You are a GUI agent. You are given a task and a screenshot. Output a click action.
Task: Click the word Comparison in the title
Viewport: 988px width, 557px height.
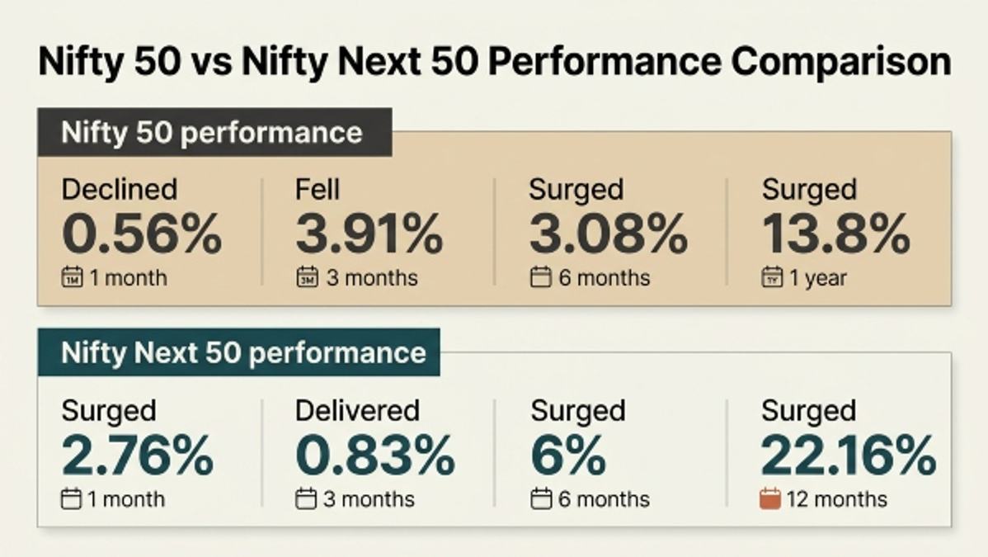(x=841, y=62)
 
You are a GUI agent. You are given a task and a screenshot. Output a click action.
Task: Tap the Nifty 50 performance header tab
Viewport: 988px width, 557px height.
(x=215, y=133)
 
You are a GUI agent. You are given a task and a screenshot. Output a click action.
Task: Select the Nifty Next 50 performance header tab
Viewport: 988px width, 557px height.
(x=239, y=352)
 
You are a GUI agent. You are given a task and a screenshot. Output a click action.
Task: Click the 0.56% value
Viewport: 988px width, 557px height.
(x=142, y=234)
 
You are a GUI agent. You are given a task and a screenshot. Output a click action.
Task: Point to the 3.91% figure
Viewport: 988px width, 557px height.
(x=369, y=234)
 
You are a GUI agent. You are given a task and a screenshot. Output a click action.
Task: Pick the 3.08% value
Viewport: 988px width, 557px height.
(x=608, y=234)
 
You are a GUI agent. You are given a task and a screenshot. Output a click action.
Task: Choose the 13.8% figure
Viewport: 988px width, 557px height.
(x=836, y=234)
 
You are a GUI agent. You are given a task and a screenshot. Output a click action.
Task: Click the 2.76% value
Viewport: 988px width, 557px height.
(x=138, y=455)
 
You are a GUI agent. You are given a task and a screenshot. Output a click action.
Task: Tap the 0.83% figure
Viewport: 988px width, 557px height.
(x=375, y=455)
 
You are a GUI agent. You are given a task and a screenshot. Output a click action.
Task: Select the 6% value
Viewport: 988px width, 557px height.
(x=567, y=455)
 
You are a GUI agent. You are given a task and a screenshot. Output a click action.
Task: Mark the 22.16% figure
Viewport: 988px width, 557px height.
(x=848, y=455)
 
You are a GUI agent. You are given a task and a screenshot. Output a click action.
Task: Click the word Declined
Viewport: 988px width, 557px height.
(x=120, y=189)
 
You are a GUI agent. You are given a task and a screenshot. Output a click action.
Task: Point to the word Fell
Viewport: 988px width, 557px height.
(x=318, y=189)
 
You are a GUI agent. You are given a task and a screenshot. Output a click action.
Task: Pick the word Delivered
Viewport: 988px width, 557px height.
(x=357, y=411)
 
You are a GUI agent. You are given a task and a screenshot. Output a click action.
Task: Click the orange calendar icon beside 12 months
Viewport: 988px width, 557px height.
(x=770, y=498)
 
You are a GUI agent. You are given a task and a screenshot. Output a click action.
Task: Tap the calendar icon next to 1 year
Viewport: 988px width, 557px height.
(x=772, y=277)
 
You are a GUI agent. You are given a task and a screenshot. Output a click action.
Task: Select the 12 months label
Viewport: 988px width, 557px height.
(x=837, y=499)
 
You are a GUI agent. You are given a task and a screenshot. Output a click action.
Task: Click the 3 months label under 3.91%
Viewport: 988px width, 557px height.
(x=372, y=278)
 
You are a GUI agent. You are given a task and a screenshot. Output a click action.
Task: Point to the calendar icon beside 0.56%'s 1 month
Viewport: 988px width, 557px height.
(x=72, y=277)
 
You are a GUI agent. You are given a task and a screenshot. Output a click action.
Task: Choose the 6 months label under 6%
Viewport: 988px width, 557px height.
(x=604, y=499)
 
